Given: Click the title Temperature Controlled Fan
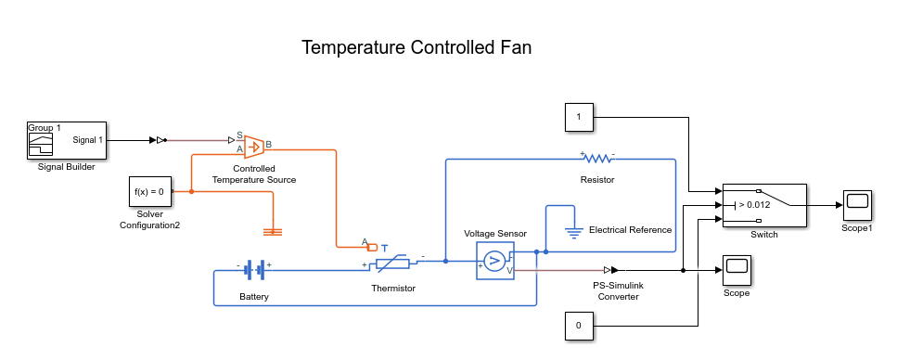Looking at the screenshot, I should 417,47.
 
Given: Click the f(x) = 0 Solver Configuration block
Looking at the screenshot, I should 149,191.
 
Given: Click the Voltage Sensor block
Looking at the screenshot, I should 494,260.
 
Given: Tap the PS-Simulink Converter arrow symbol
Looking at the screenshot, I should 617,270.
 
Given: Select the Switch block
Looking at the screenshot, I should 763,204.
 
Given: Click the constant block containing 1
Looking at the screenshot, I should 578,118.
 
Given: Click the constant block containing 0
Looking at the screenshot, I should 578,326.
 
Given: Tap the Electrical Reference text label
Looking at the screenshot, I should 630,229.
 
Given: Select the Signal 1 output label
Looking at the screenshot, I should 87,140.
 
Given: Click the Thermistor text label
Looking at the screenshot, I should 393,289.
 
